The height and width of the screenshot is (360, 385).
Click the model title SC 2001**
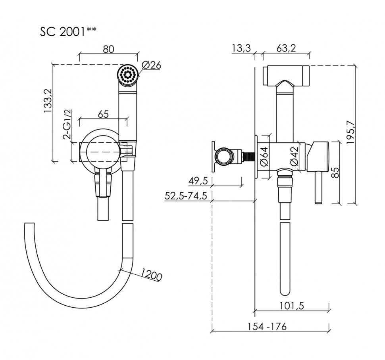coord(68,32)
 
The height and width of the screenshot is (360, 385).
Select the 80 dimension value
coord(108,49)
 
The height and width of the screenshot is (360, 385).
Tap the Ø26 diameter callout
coord(151,65)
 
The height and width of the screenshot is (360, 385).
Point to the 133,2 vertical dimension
coord(48,101)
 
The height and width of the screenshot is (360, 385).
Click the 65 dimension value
coord(103,114)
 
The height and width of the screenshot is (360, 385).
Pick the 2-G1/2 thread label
coord(67,124)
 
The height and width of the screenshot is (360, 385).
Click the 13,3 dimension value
coord(241,48)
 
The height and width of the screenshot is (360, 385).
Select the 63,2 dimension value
coord(286,48)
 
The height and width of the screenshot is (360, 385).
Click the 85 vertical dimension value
coord(335,172)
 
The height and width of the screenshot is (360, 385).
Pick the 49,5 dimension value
coord(198,181)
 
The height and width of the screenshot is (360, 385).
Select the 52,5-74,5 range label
coord(186,196)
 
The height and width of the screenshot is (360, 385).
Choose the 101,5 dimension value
coord(292,306)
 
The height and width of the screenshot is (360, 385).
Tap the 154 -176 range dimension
coord(267,326)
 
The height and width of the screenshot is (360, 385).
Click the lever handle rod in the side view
coord(318,187)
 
